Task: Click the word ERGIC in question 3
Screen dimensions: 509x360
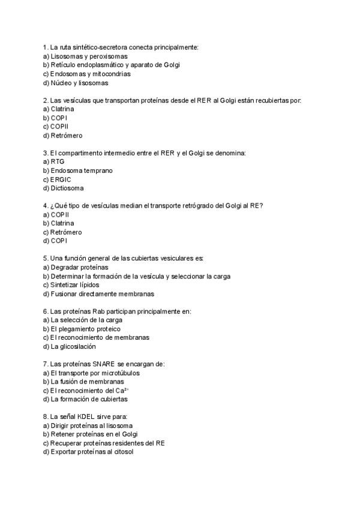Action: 61,179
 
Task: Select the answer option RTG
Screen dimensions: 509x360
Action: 57,162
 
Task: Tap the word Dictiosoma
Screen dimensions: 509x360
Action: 67,188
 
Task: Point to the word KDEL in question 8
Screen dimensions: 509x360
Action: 84,417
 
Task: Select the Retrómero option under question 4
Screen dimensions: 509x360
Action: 66,232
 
